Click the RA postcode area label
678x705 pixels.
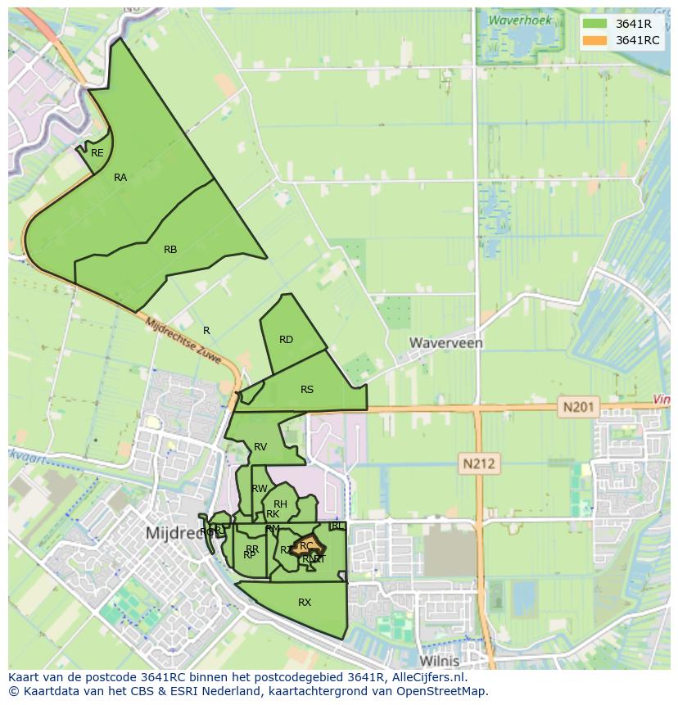click(120, 178)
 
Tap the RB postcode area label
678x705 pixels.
click(170, 250)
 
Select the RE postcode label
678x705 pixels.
click(97, 153)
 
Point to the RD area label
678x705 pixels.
click(286, 340)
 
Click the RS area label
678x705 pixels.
click(307, 390)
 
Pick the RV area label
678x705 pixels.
click(260, 447)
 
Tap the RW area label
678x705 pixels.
click(260, 489)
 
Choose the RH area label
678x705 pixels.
click(280, 504)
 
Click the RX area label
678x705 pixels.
click(305, 603)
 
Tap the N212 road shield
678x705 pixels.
click(479, 464)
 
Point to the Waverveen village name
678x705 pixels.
click(446, 343)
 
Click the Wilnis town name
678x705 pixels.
click(439, 660)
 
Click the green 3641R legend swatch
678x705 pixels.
click(595, 24)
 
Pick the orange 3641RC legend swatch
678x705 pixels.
click(595, 40)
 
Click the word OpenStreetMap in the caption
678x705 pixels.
click(442, 691)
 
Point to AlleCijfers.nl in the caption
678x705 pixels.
click(428, 678)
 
